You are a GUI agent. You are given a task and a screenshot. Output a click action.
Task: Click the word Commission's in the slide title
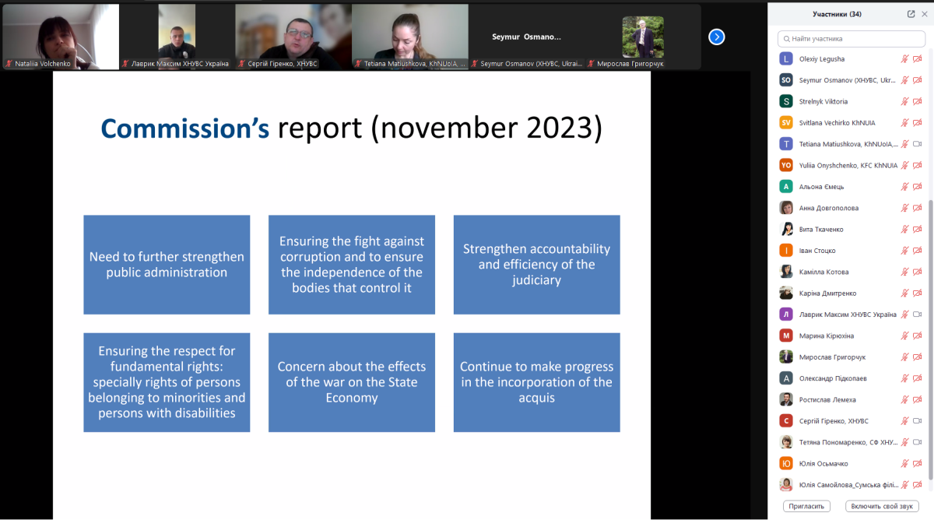tap(184, 128)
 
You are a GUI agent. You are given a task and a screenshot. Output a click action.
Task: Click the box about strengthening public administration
tap(167, 265)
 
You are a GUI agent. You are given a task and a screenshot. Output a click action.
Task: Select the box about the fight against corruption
tap(352, 265)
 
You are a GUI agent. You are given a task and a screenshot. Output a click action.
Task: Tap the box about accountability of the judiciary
tap(536, 265)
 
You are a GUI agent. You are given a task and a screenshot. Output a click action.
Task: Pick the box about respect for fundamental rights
tap(167, 382)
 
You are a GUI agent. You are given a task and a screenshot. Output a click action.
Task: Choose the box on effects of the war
tap(352, 382)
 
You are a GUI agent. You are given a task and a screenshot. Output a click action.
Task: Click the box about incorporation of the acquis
tap(536, 382)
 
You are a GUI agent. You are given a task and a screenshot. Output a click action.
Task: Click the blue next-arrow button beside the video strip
tap(716, 37)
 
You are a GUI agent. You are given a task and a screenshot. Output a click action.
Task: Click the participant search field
tap(851, 39)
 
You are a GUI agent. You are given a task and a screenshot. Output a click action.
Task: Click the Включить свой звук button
tap(882, 506)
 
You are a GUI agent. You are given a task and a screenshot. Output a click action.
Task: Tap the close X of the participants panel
tap(925, 14)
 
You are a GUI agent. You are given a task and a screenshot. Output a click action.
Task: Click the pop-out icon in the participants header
tap(911, 14)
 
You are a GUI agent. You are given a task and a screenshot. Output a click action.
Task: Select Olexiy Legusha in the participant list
tap(821, 59)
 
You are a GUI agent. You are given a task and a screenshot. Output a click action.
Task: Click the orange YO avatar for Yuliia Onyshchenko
tap(786, 165)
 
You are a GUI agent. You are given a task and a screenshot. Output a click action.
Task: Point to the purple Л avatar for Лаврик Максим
tap(786, 314)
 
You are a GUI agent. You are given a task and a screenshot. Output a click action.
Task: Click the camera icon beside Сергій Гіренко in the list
tap(918, 421)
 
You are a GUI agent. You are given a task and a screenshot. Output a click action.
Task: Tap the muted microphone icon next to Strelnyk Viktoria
tap(904, 101)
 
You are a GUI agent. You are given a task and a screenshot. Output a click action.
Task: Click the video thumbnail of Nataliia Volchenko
tap(61, 37)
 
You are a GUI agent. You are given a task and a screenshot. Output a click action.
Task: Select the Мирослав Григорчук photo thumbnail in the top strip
tap(643, 37)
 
